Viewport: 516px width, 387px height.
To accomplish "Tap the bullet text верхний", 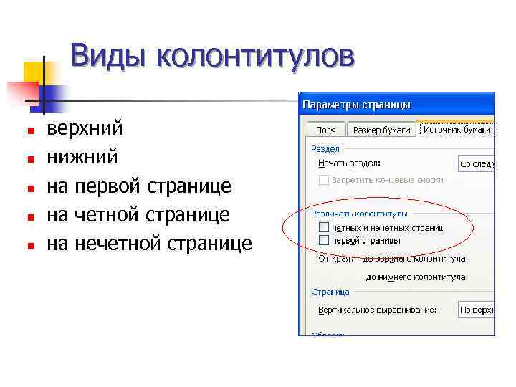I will (x=85, y=129).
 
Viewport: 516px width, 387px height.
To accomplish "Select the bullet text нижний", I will (x=81, y=158).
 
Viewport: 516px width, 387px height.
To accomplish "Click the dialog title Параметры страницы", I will (x=357, y=105).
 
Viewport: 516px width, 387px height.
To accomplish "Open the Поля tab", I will (x=326, y=130).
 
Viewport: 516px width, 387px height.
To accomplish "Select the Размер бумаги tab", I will (x=382, y=130).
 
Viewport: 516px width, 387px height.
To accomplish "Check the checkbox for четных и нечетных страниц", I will (x=324, y=227).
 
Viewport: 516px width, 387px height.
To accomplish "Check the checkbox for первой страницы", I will (x=324, y=240).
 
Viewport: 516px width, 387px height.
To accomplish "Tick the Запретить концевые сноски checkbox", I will (x=324, y=180).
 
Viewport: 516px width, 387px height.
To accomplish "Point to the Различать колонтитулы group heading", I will (x=359, y=214).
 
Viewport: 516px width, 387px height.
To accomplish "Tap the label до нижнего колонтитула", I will (x=416, y=276).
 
